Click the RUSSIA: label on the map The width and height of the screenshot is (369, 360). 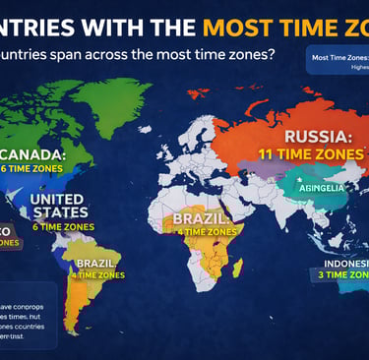[x=317, y=138]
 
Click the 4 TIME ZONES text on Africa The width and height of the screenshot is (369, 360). [x=208, y=231]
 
